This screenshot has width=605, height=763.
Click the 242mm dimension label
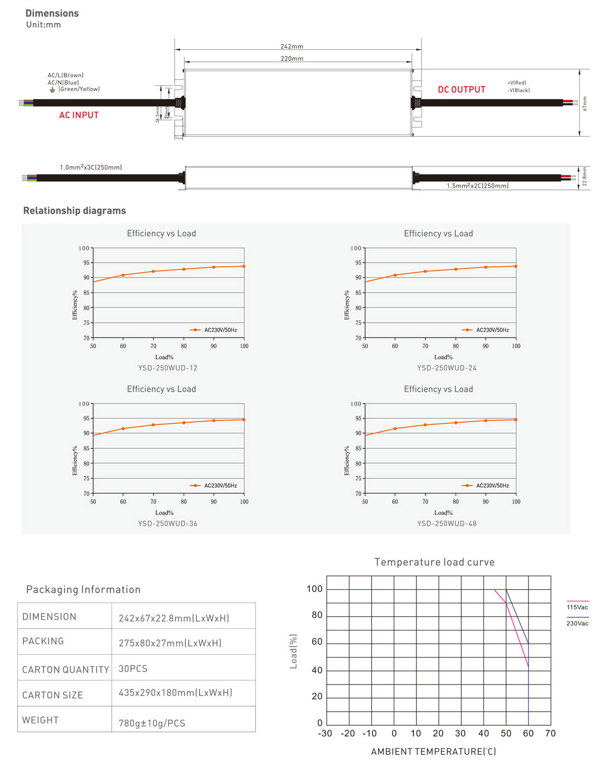click(292, 46)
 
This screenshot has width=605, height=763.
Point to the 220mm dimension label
click(292, 58)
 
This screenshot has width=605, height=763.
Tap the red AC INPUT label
click(79, 115)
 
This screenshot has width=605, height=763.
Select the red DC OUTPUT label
click(461, 90)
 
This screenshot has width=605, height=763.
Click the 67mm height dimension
click(585, 103)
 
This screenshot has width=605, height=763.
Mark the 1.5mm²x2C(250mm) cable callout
click(477, 186)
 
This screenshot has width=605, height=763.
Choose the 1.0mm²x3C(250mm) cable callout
click(91, 167)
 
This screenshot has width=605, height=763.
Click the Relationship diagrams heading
click(75, 211)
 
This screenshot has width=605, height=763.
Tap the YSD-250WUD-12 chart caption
click(168, 368)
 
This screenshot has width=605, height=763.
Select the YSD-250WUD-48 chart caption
click(447, 524)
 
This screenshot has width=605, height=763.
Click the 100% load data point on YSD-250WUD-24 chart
click(516, 266)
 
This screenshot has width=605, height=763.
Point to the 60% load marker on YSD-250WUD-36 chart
click(123, 428)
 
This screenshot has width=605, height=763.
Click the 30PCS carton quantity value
click(133, 669)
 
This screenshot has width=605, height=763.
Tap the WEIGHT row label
click(40, 720)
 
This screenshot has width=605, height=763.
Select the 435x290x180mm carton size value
click(175, 693)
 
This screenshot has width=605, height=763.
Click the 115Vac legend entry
click(577, 607)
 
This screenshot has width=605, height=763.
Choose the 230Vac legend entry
click(577, 623)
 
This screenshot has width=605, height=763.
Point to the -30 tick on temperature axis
click(325, 733)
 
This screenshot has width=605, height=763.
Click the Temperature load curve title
click(435, 562)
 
